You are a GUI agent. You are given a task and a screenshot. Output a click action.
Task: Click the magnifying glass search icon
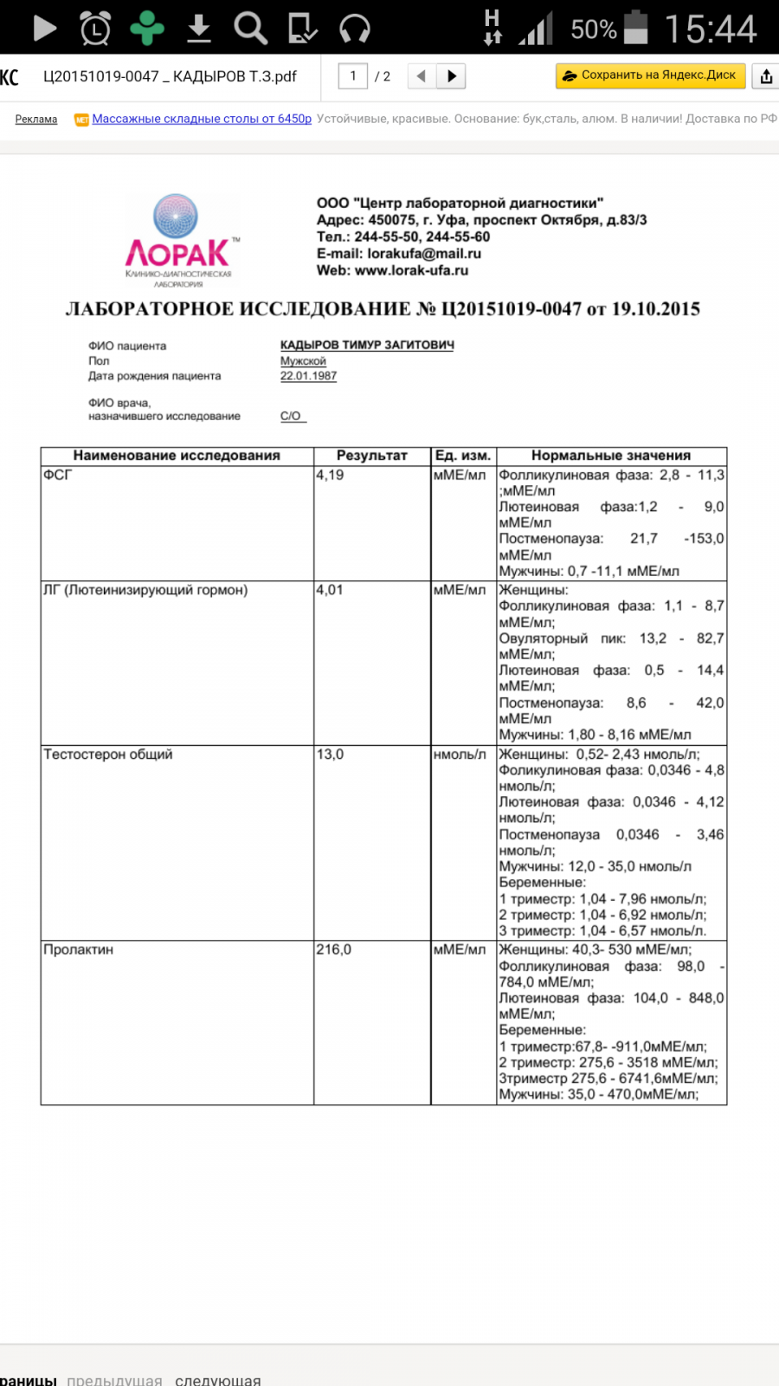250,29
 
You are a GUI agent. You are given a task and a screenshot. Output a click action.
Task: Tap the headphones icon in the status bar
355,29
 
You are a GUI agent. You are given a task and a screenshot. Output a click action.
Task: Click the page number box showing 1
353,76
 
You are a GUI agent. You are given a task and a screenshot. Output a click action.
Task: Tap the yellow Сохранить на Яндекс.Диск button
650,75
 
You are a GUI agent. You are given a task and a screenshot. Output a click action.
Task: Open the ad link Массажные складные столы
202,119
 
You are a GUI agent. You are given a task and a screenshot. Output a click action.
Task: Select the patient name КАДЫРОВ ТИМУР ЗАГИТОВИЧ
367,345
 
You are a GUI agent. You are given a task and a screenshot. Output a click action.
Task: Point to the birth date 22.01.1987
308,376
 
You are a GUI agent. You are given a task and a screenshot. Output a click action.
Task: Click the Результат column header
371,456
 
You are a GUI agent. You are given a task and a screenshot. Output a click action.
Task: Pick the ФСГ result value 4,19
330,475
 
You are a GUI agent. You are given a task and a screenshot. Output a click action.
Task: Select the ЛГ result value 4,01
330,590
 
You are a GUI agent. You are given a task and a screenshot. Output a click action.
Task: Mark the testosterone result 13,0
330,755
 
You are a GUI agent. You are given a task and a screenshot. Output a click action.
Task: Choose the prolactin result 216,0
333,949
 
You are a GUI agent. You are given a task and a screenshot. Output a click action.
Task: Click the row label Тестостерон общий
108,755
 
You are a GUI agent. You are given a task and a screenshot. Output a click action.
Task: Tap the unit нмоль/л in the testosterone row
460,755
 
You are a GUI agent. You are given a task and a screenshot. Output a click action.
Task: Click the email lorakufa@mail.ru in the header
424,254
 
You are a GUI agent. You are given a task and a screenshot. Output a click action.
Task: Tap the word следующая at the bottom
217,1379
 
